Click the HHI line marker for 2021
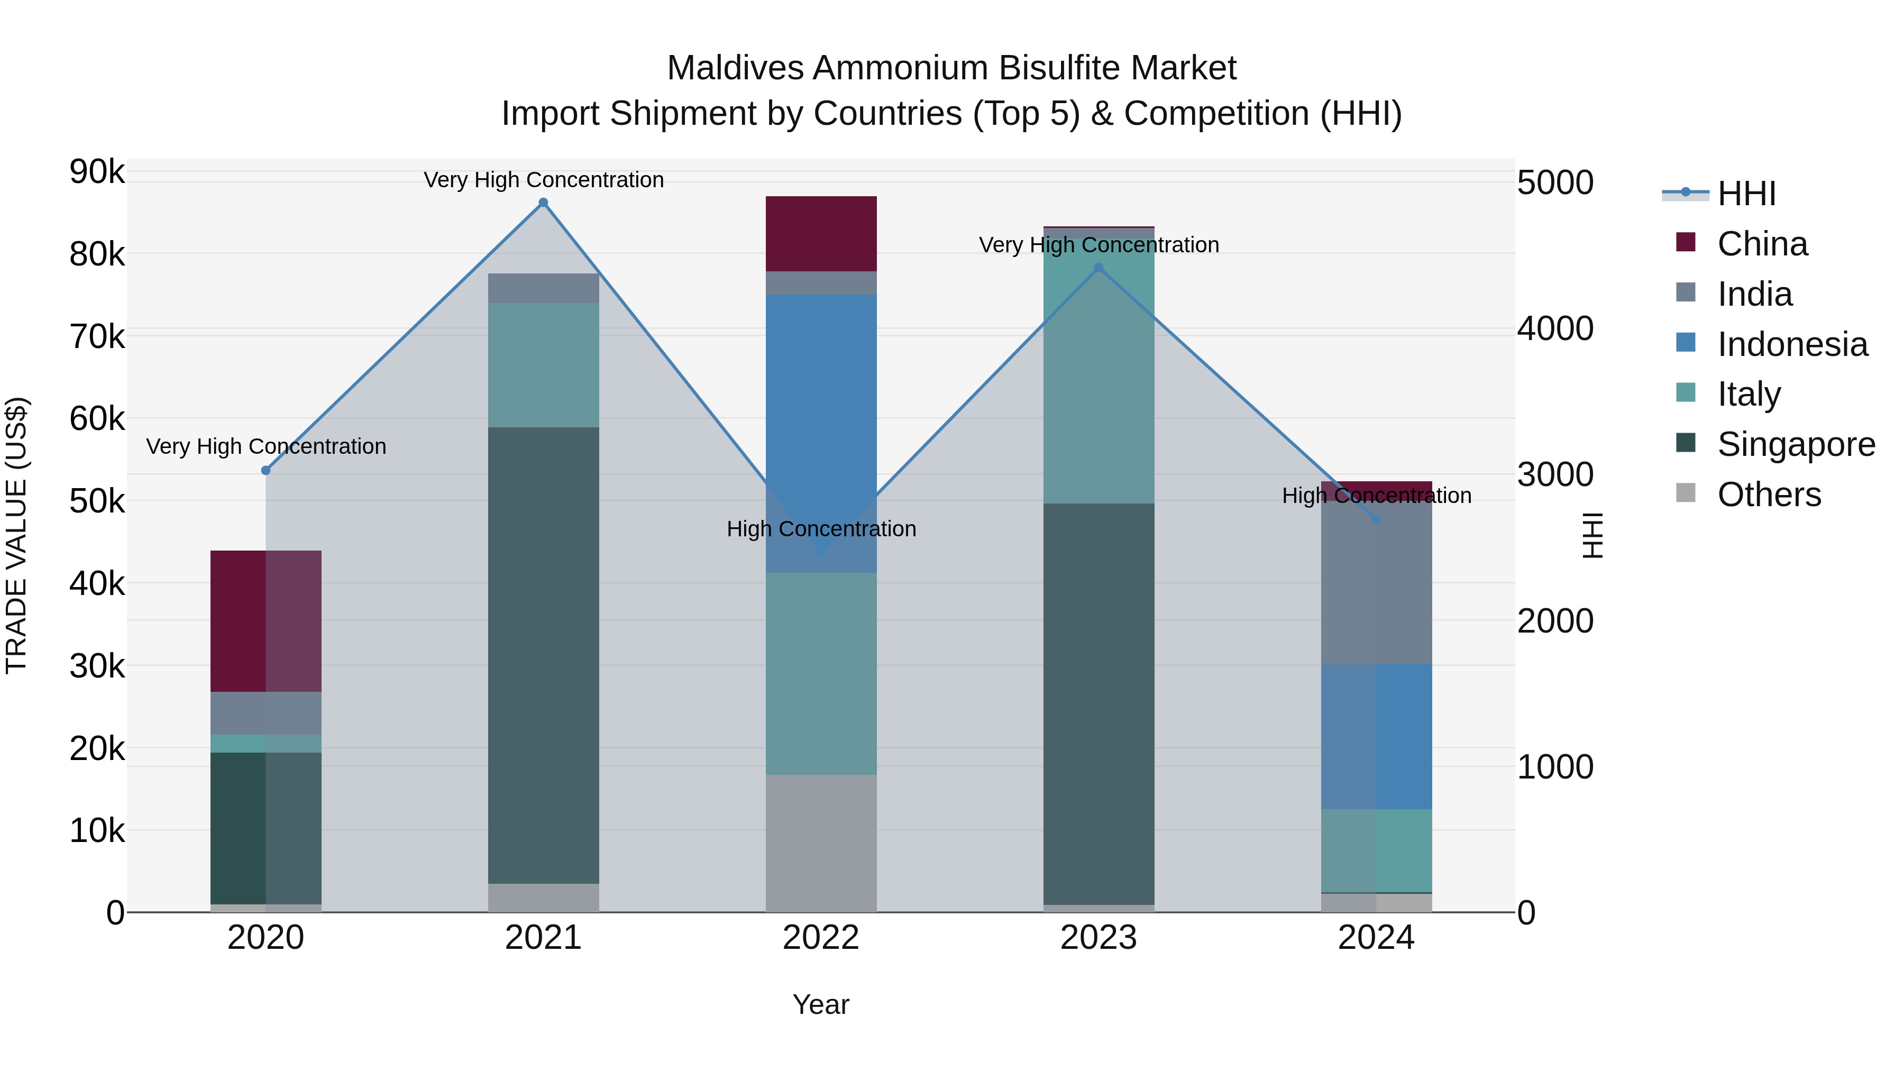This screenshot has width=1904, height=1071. coord(543,203)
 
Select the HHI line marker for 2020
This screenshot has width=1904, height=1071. coord(266,471)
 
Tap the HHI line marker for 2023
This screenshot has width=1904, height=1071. coord(1099,268)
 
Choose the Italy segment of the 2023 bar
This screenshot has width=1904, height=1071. coord(1099,366)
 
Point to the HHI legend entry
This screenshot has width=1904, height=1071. coord(1746,194)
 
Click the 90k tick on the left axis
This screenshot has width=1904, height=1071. coord(97,172)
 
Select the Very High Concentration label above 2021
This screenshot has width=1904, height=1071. coord(543,180)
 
